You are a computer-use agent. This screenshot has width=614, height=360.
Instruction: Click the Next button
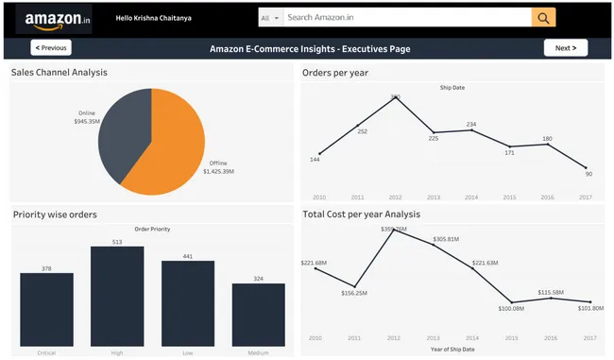pos(565,47)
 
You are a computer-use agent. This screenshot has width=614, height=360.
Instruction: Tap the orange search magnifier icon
pos(543,18)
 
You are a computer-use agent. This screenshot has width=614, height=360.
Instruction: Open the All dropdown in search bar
pos(270,18)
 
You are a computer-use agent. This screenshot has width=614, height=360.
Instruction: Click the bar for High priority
pos(117,298)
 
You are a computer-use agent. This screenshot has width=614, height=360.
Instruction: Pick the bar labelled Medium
pos(258,317)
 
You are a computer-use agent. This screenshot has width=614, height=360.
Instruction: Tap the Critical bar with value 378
pos(46,312)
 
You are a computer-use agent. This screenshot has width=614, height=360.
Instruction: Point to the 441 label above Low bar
pos(187,256)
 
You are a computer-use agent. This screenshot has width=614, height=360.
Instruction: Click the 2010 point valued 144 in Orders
pos(319,153)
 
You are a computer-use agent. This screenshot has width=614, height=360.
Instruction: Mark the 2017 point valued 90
pos(587,167)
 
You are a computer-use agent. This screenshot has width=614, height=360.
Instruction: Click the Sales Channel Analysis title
pos(59,73)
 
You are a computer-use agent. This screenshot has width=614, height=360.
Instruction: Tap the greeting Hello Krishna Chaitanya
pos(153,18)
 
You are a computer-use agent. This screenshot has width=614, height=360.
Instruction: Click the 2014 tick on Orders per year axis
pos(471,197)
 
